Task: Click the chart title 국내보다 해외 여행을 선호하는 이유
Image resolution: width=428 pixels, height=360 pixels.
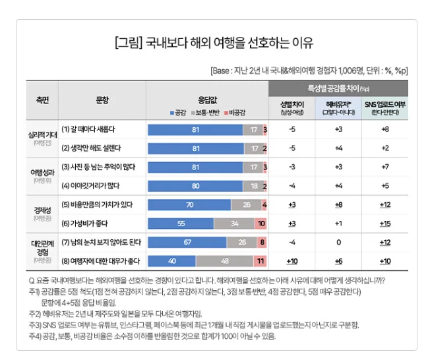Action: (214, 44)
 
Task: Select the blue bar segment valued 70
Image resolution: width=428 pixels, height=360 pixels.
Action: (190, 205)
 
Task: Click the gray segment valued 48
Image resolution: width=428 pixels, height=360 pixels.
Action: (224, 261)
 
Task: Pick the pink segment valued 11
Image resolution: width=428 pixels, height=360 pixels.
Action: (260, 261)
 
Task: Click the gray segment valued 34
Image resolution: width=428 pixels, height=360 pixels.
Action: (234, 224)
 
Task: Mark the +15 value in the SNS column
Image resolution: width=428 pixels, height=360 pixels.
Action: (385, 224)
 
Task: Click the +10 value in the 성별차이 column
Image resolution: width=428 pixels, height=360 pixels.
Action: (292, 261)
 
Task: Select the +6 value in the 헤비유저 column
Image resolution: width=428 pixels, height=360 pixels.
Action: (338, 261)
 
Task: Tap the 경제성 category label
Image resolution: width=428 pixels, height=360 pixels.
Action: (42, 210)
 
